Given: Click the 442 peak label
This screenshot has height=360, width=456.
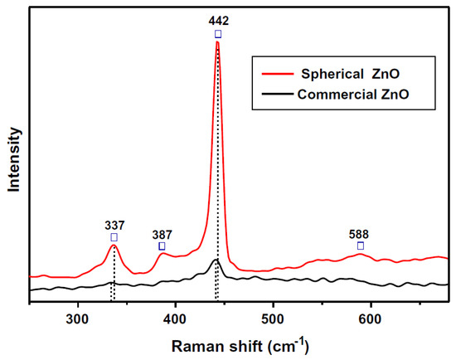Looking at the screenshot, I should [x=217, y=21].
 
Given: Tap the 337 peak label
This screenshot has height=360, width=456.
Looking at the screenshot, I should [x=114, y=224].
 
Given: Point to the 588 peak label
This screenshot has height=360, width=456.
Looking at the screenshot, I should [x=360, y=233].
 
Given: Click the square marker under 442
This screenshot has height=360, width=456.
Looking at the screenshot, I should [x=217, y=34].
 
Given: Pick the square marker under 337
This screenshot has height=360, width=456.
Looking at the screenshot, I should [x=114, y=237].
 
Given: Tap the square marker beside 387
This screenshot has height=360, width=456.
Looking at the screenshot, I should [x=162, y=246].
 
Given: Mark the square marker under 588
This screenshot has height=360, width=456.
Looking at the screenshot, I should [x=360, y=246].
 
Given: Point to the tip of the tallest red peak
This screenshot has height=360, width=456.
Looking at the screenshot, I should [x=217, y=42].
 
